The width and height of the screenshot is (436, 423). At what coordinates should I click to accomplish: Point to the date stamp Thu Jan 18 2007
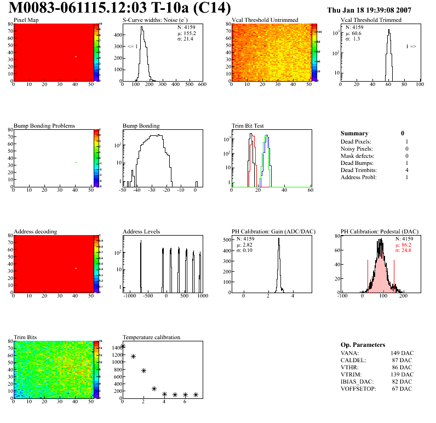pyautogui.click(x=369, y=10)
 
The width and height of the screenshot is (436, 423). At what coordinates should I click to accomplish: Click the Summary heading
pyautogui.click(x=354, y=133)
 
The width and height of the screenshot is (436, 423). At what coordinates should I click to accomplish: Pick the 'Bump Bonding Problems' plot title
pyautogui.click(x=44, y=125)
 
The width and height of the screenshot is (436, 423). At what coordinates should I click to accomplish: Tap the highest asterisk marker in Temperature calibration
pyautogui.click(x=123, y=346)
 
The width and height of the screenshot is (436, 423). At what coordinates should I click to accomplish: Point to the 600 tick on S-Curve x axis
pyautogui.click(x=202, y=85)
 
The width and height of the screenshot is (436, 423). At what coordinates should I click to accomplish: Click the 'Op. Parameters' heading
pyautogui.click(x=363, y=345)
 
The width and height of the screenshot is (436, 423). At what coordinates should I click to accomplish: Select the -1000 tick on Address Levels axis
pyautogui.click(x=130, y=296)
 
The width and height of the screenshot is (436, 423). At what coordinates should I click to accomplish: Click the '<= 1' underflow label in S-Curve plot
pyautogui.click(x=133, y=47)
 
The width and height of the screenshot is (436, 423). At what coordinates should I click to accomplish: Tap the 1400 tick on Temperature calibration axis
pyautogui.click(x=116, y=347)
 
